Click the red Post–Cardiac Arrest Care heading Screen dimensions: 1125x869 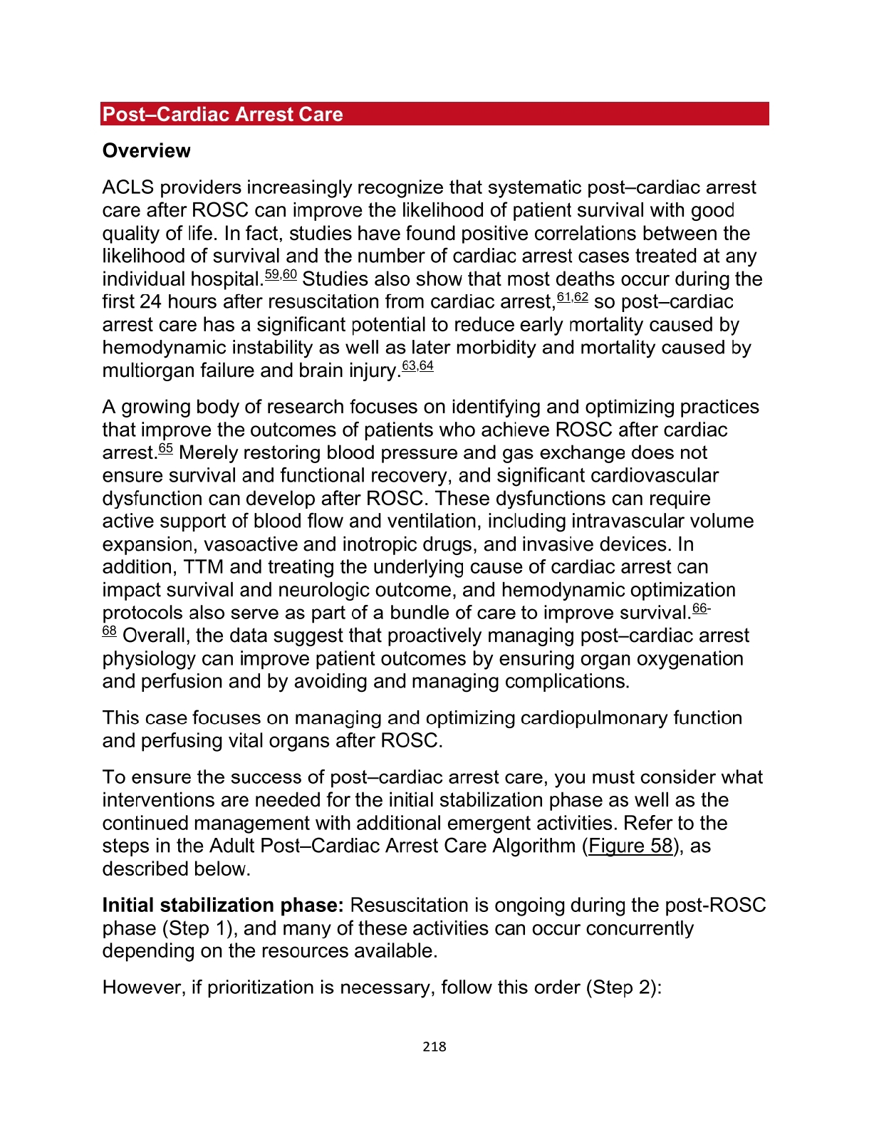(x=222, y=115)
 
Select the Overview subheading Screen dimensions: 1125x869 (x=146, y=151)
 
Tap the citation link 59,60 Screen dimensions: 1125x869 (x=280, y=275)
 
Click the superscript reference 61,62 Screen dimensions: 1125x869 (x=572, y=298)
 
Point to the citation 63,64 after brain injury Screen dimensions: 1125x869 (x=417, y=366)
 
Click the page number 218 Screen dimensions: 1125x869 (x=434, y=1047)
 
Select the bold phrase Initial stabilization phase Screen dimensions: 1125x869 (x=223, y=906)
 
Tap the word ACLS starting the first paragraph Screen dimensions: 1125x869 (x=128, y=188)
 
